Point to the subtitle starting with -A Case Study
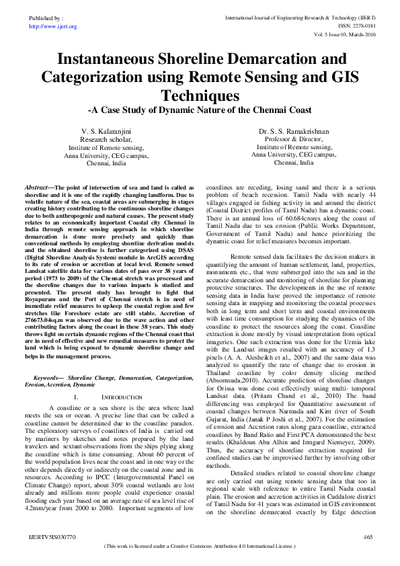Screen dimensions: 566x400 (200, 108)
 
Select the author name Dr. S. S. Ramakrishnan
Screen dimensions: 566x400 (291, 129)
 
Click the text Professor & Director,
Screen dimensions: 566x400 (291, 138)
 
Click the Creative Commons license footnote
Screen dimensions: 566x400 (200, 547)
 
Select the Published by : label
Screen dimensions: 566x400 (46, 18)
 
